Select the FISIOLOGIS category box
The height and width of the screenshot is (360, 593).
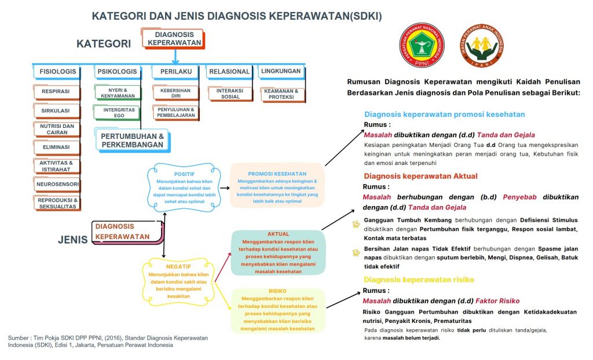click(57, 72)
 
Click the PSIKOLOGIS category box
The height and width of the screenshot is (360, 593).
click(117, 72)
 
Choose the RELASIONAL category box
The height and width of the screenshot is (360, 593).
click(229, 72)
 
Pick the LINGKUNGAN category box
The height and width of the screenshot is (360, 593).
click(281, 72)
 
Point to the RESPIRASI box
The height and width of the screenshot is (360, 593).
click(56, 91)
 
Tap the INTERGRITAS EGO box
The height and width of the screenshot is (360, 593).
click(119, 112)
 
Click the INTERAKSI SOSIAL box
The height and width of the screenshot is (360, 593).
click(230, 94)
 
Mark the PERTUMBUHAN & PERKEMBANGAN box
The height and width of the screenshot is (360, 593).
click(132, 140)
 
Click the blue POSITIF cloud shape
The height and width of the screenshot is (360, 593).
click(184, 186)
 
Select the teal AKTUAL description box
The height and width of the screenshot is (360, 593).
click(278, 253)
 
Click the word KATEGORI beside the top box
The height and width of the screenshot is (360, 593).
click(104, 44)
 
